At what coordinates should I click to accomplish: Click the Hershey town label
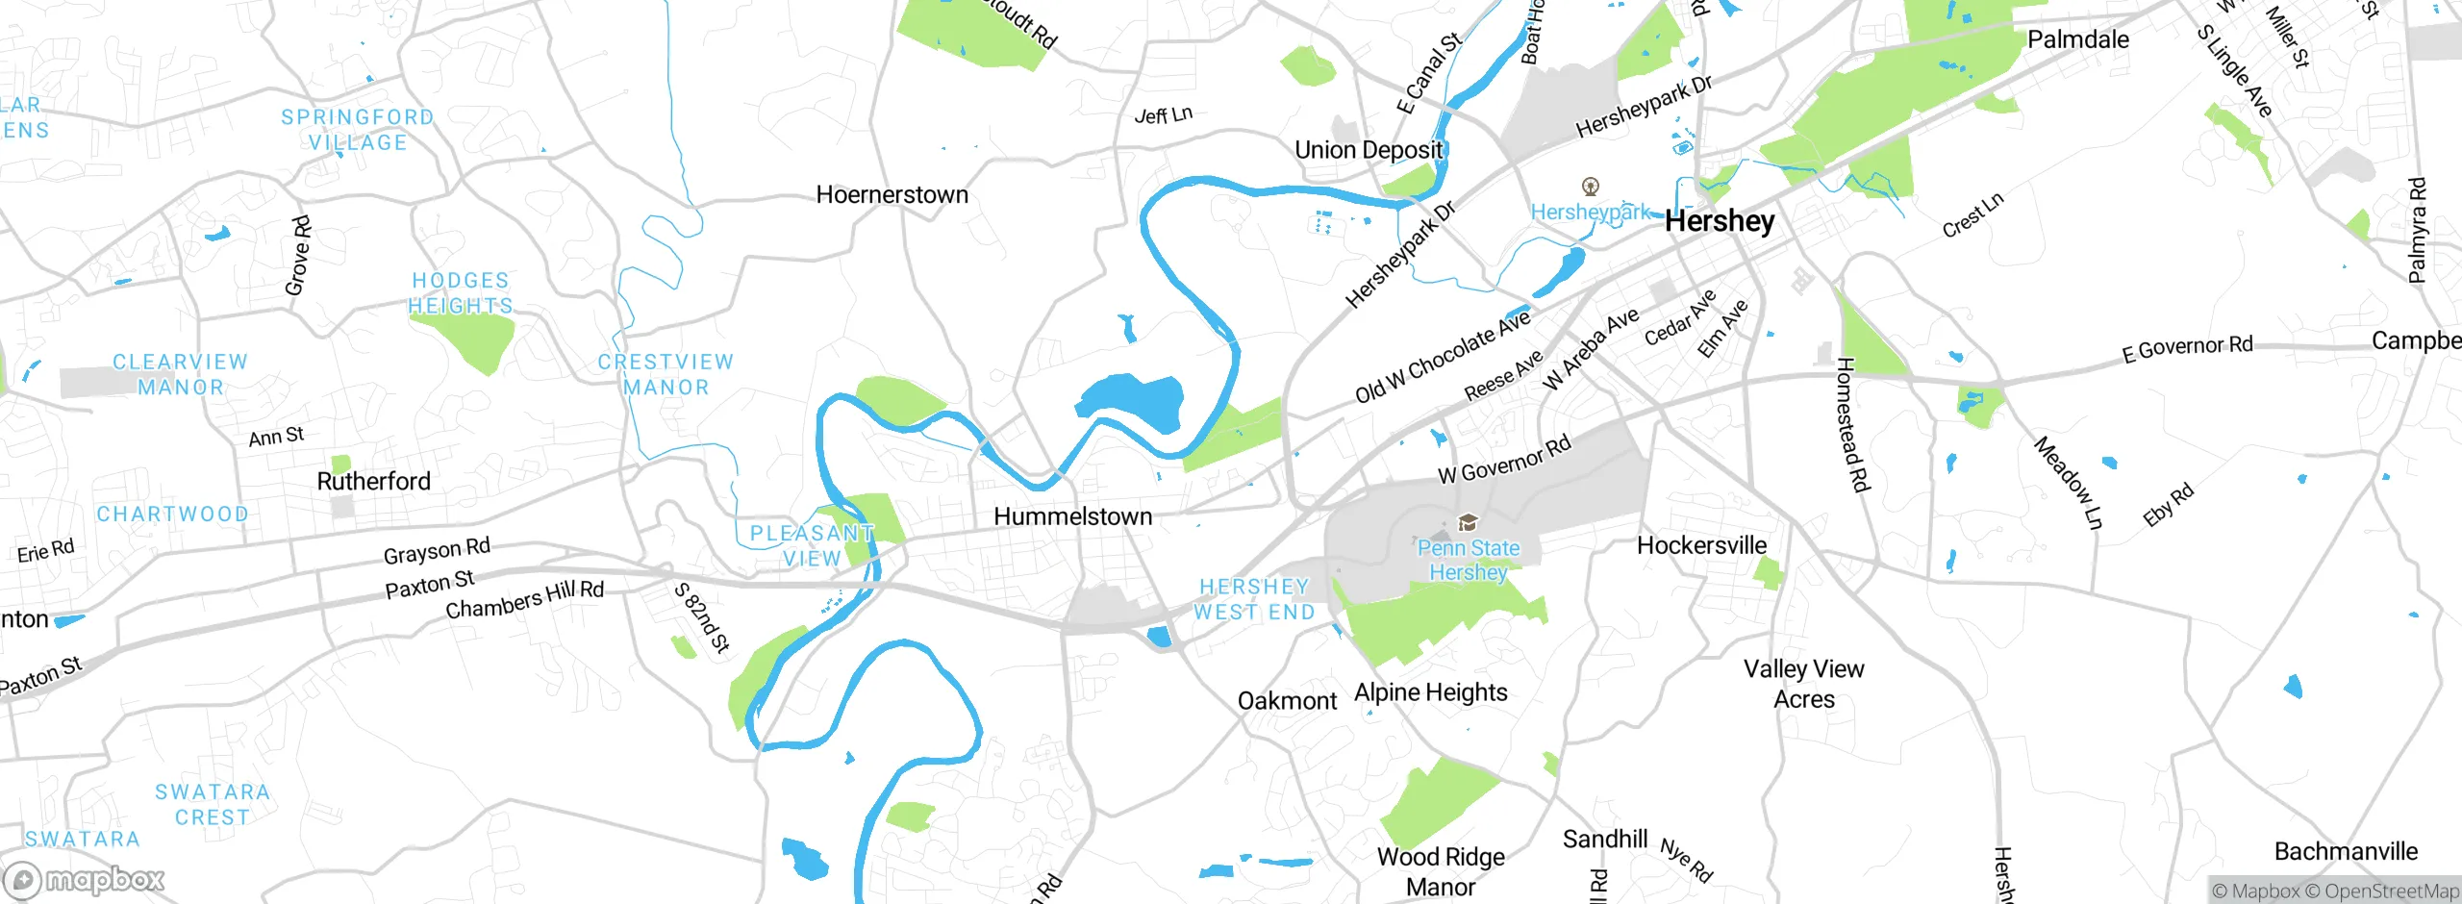click(1720, 221)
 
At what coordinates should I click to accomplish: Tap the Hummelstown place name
click(1072, 516)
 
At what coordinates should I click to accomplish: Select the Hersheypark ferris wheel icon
click(1591, 187)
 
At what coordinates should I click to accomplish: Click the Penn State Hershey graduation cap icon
click(1468, 523)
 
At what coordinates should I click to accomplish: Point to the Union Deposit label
click(1368, 150)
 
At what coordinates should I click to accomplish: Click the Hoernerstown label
click(892, 195)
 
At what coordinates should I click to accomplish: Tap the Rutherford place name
click(373, 481)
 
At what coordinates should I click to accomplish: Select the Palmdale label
click(2077, 39)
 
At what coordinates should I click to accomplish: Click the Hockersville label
click(1701, 545)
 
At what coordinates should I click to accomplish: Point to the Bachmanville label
click(2345, 851)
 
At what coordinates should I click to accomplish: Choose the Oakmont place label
click(1287, 701)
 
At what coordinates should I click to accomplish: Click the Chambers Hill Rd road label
click(524, 599)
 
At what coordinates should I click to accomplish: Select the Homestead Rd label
click(1851, 424)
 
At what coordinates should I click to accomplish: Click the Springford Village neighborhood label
click(358, 130)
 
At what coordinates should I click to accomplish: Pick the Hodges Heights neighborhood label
click(461, 293)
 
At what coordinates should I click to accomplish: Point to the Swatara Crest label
click(213, 804)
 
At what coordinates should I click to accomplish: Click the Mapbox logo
click(85, 879)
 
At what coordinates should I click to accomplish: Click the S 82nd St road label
click(702, 617)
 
